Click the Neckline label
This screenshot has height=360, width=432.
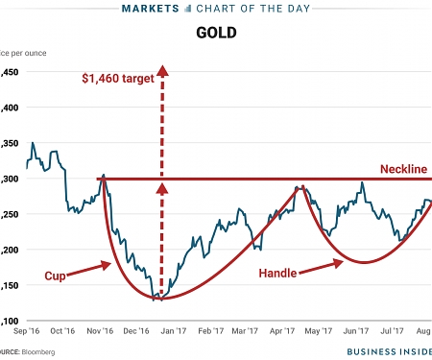[x=402, y=169]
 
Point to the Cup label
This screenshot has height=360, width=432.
[x=58, y=276]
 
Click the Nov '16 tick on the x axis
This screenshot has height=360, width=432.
[x=102, y=331]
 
